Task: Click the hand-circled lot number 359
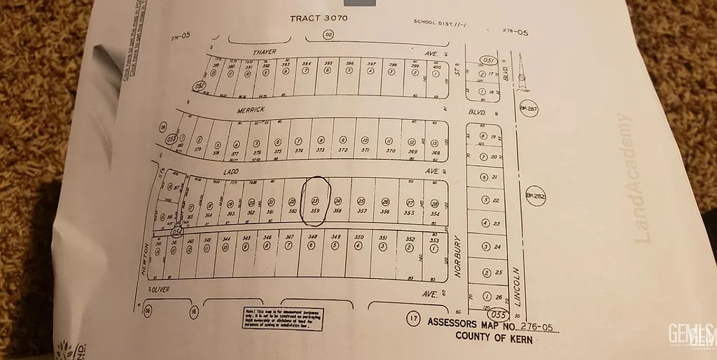tap(316, 209)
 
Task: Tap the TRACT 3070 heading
tap(319, 18)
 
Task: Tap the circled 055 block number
tap(498, 315)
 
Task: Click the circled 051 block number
tap(487, 60)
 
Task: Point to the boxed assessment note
tap(284, 318)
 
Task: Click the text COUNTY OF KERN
tap(494, 338)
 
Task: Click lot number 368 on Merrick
tap(435, 151)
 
